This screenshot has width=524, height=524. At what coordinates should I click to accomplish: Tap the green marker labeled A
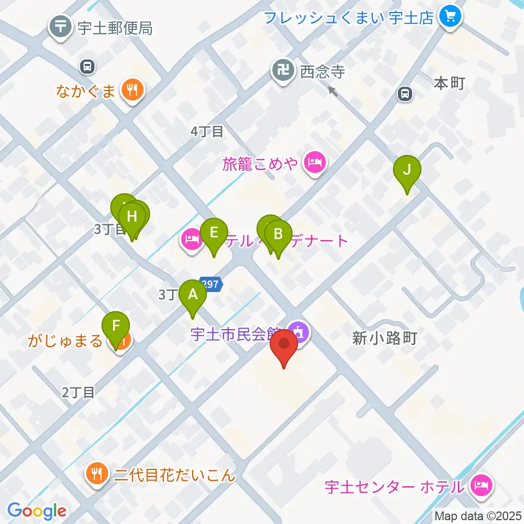pyautogui.click(x=193, y=295)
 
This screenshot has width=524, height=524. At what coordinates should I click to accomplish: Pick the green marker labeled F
pyautogui.click(x=116, y=326)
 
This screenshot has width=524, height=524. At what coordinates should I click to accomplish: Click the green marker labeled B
pyautogui.click(x=278, y=235)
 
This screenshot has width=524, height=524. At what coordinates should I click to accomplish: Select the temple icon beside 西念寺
pyautogui.click(x=283, y=71)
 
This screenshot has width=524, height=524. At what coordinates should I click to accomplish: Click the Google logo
pyautogui.click(x=37, y=511)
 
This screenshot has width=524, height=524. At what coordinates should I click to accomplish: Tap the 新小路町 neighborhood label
pyautogui.click(x=384, y=339)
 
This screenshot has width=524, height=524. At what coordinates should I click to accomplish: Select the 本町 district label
pyautogui.click(x=449, y=84)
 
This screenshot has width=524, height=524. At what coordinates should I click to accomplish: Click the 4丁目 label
pyautogui.click(x=207, y=132)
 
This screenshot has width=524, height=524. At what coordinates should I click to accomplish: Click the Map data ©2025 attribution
pyautogui.click(x=478, y=515)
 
